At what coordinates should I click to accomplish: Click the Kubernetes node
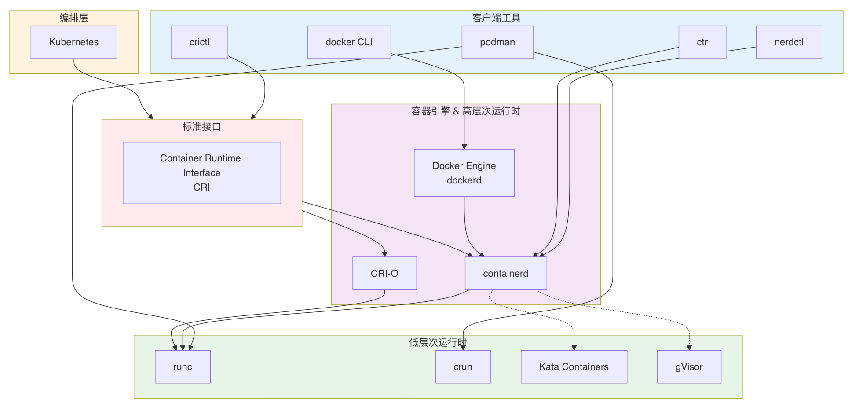(x=74, y=42)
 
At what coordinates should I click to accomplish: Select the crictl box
(x=200, y=42)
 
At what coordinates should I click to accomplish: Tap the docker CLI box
(x=349, y=42)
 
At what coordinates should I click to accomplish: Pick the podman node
(x=497, y=42)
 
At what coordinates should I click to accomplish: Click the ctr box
(x=702, y=42)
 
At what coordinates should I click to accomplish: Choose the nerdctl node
(x=789, y=42)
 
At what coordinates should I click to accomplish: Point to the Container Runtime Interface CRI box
(x=202, y=172)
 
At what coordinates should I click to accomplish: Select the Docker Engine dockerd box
(x=464, y=173)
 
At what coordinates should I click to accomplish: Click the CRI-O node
(x=384, y=273)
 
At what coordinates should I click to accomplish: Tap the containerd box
(x=506, y=273)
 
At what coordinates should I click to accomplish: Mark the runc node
(x=183, y=366)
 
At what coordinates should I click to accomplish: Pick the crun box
(x=463, y=366)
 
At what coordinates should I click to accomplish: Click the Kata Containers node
(x=574, y=366)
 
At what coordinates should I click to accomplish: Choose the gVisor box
(x=689, y=366)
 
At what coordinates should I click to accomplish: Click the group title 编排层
(x=74, y=18)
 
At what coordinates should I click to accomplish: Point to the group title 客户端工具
(x=497, y=18)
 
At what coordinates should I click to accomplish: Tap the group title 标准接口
(x=202, y=127)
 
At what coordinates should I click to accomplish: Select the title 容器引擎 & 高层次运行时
(x=466, y=111)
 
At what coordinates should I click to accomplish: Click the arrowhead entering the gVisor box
(x=689, y=348)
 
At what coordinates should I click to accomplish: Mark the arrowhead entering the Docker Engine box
(x=464, y=147)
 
